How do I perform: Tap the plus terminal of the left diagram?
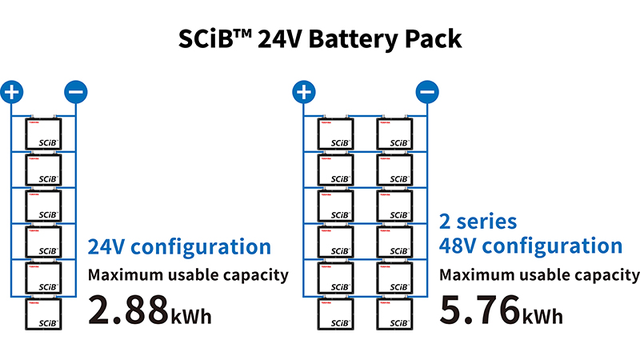11,92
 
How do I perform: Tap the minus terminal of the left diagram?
75,92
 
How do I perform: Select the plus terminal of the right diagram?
302,92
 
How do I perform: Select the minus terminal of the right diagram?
427,92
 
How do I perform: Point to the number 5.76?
481,310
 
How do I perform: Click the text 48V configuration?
530,246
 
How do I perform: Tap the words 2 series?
478,221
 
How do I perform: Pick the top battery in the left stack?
44,134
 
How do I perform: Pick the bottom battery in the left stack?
44,314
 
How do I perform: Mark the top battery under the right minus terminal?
395,134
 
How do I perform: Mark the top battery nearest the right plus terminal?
336,134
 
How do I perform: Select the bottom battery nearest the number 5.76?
395,314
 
